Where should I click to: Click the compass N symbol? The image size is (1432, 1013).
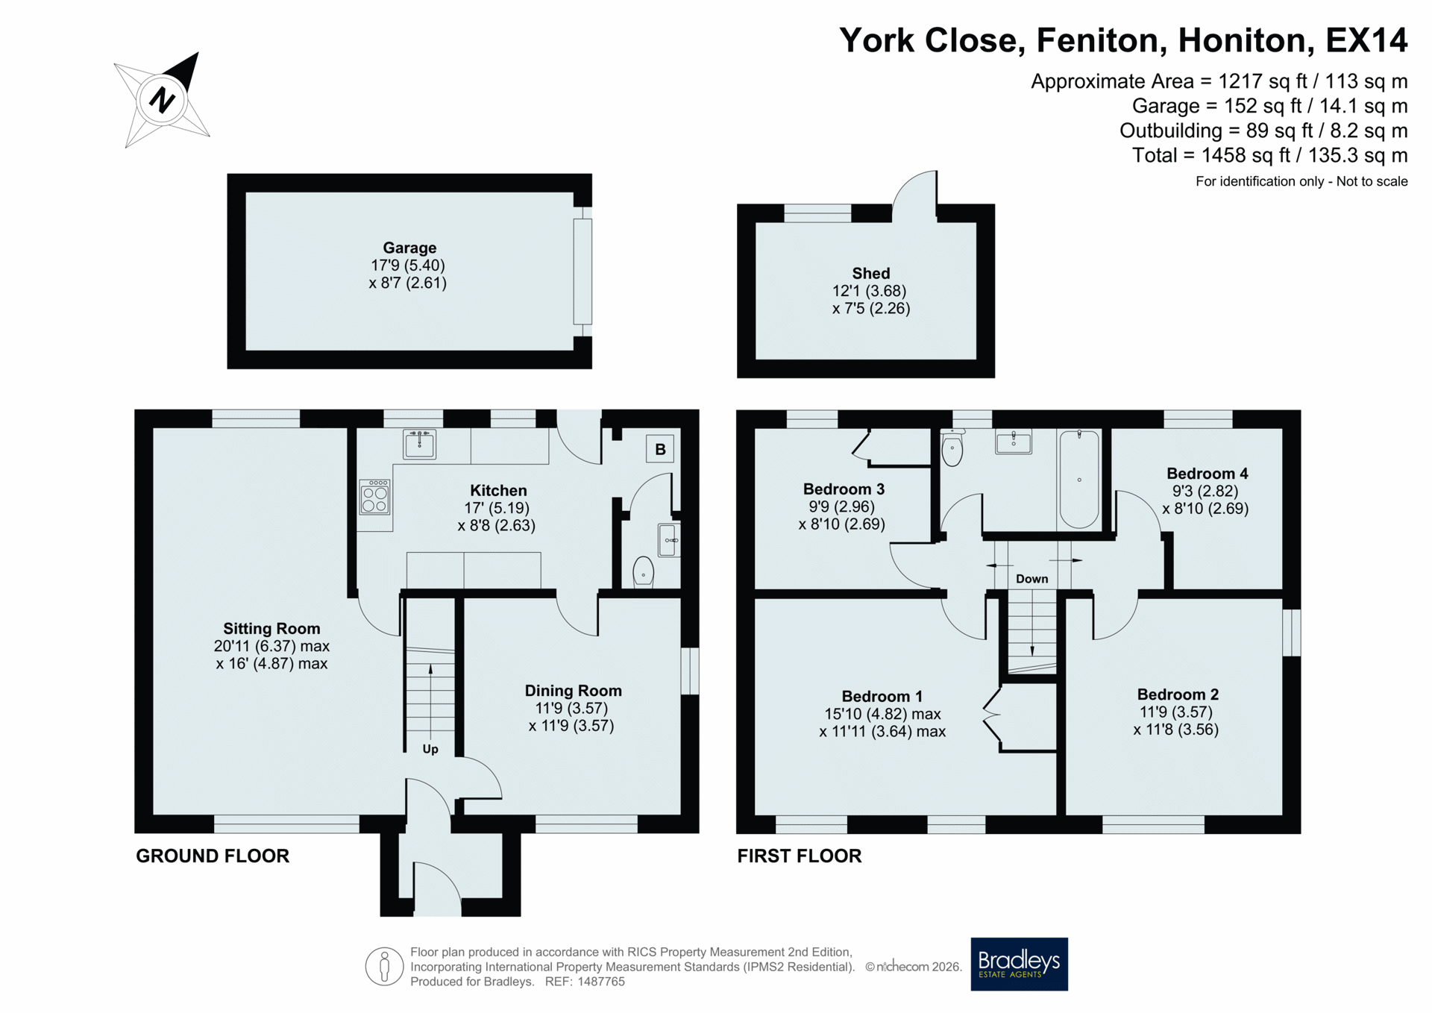(x=162, y=99)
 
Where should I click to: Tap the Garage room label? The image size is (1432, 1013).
(x=409, y=248)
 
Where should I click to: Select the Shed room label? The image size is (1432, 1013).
(x=871, y=274)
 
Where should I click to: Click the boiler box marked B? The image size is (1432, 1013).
(x=660, y=449)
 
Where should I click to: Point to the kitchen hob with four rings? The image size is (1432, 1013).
(x=374, y=497)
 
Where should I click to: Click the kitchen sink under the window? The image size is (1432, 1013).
(x=420, y=445)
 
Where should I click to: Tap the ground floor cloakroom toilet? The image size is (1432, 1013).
(x=643, y=572)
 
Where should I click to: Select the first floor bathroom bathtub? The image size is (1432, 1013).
(x=1079, y=479)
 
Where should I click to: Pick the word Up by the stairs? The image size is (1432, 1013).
(x=430, y=749)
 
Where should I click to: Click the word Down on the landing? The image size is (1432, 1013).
(x=1031, y=579)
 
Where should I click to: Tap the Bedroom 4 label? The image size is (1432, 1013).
(x=1207, y=474)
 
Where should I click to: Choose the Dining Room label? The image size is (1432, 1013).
(x=573, y=691)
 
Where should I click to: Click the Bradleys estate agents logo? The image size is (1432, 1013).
(x=1019, y=964)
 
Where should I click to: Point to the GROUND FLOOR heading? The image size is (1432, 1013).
(x=213, y=856)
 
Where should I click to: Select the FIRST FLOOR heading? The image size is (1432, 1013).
(x=800, y=856)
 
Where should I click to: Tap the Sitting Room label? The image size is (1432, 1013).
(x=271, y=629)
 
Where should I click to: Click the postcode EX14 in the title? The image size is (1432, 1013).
(x=1366, y=40)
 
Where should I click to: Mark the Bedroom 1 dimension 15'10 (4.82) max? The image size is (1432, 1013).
(x=882, y=714)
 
